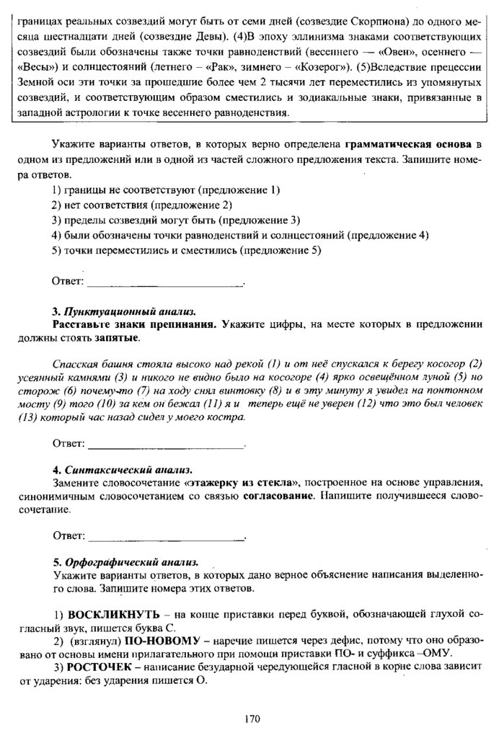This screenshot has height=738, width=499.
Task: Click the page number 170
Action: [251, 718]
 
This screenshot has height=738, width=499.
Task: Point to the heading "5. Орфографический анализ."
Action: [121, 561]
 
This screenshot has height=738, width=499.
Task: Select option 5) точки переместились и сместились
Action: [187, 250]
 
